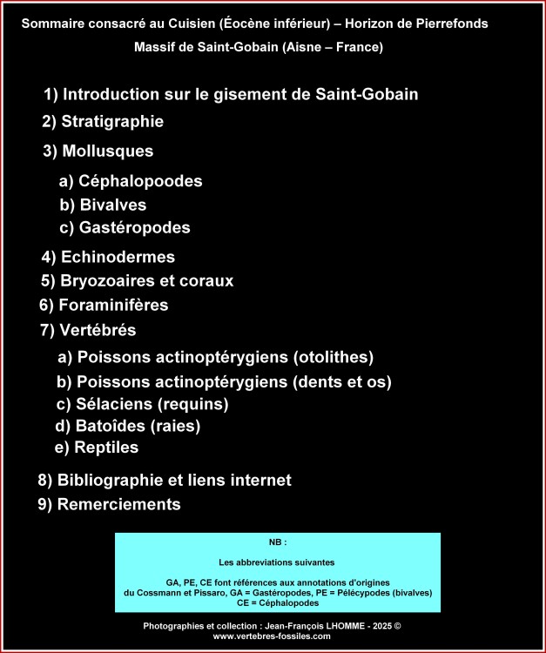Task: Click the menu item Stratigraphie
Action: pyautogui.click(x=103, y=122)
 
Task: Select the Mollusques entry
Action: pyautogui.click(x=98, y=151)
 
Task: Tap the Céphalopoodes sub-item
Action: pyautogui.click(x=131, y=182)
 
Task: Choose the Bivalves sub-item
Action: pyautogui.click(x=103, y=205)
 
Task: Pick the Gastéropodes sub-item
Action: pyautogui.click(x=125, y=228)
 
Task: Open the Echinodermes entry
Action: pyautogui.click(x=108, y=258)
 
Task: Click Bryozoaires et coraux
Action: pyautogui.click(x=137, y=281)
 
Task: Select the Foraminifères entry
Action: pyautogui.click(x=104, y=306)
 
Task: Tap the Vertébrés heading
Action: pyautogui.click(x=88, y=331)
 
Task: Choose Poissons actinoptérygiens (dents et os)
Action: pyautogui.click(x=224, y=382)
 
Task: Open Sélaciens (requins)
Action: pyautogui.click(x=142, y=405)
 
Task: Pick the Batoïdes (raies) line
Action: pyautogui.click(x=127, y=427)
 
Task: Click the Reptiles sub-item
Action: pyautogui.click(x=96, y=448)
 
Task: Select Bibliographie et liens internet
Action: pyautogui.click(x=165, y=481)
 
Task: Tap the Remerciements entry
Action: pyautogui.click(x=109, y=505)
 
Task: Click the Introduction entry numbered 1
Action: pyautogui.click(x=231, y=95)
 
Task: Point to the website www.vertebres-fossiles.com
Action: pyautogui.click(x=272, y=636)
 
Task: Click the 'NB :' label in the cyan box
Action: pyautogui.click(x=277, y=542)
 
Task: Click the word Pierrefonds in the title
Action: pyautogui.click(x=448, y=24)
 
